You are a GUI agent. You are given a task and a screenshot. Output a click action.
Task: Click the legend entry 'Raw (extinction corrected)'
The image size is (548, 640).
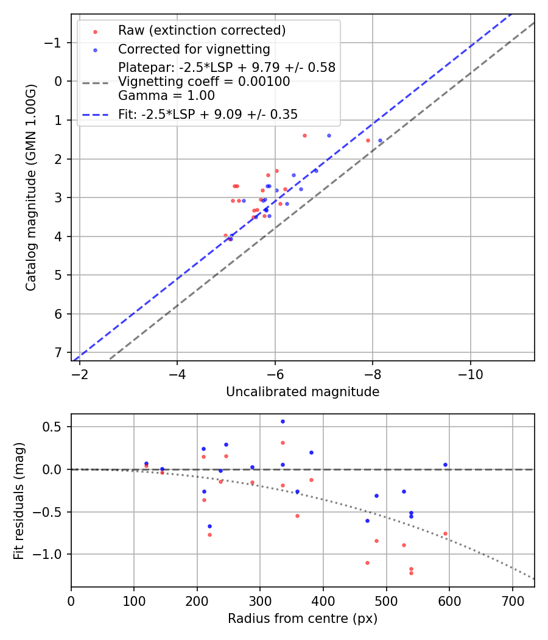coord(202,30)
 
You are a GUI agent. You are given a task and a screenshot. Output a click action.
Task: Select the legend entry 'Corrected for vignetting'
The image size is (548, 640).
coord(194,49)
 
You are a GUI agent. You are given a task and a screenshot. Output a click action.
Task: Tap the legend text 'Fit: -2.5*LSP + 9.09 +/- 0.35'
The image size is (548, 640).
coord(208,114)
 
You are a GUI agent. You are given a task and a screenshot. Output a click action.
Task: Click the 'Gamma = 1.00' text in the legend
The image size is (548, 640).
coord(166,95)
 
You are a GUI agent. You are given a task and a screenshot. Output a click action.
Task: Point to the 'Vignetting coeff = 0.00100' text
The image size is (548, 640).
coord(204,82)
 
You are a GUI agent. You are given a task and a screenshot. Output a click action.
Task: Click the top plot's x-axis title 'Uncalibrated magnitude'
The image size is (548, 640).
coord(303,392)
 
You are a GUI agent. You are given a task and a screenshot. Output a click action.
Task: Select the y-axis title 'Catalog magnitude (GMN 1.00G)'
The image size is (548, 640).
coord(31,187)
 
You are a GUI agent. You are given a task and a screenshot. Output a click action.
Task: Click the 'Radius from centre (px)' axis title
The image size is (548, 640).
coord(303,619)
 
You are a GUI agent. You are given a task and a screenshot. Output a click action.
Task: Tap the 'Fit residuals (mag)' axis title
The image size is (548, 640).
coord(19,501)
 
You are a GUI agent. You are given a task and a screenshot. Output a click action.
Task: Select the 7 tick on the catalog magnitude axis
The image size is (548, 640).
coord(58,353)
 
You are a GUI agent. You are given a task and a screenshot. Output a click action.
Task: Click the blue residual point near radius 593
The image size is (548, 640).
coord(445,464)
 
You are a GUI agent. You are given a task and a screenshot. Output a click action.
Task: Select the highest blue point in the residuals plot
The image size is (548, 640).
coord(283,421)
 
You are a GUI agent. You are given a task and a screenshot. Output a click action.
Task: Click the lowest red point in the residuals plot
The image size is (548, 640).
coord(411,573)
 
